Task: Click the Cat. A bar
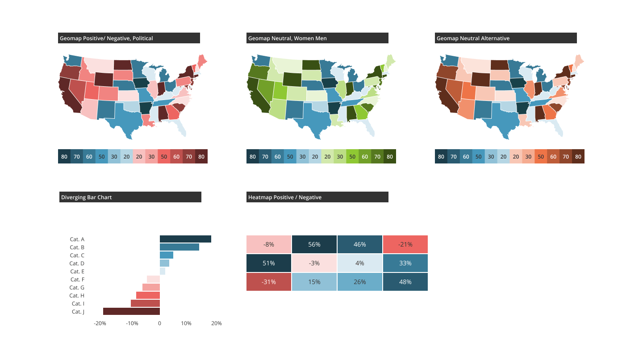(185, 239)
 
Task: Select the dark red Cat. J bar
(131, 311)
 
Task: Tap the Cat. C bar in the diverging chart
(167, 255)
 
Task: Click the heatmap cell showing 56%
(314, 244)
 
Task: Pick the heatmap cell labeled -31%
(269, 282)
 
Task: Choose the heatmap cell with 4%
(360, 263)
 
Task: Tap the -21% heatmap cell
(405, 244)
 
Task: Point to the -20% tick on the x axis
(100, 323)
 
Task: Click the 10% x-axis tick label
(186, 323)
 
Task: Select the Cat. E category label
(77, 271)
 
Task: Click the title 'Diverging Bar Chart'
(87, 197)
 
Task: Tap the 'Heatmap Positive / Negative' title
(285, 197)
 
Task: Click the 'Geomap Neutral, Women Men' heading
(288, 38)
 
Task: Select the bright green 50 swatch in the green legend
(352, 156)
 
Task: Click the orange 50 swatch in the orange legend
(541, 156)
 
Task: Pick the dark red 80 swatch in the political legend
(201, 156)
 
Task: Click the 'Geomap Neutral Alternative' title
(473, 38)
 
